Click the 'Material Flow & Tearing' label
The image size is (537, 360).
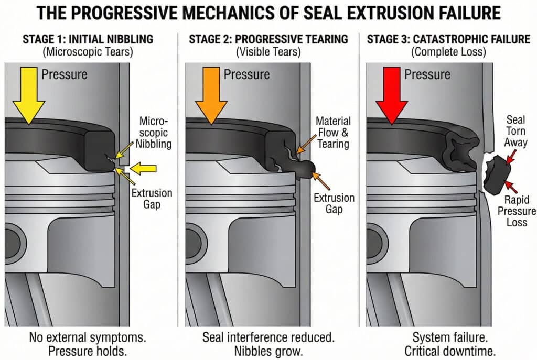pyautogui.click(x=334, y=133)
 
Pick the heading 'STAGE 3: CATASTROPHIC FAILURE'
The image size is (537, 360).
pyautogui.click(x=449, y=39)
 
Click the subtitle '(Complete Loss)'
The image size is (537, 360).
pyautogui.click(x=449, y=52)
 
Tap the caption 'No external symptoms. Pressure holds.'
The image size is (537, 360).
pyautogui.click(x=87, y=343)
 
